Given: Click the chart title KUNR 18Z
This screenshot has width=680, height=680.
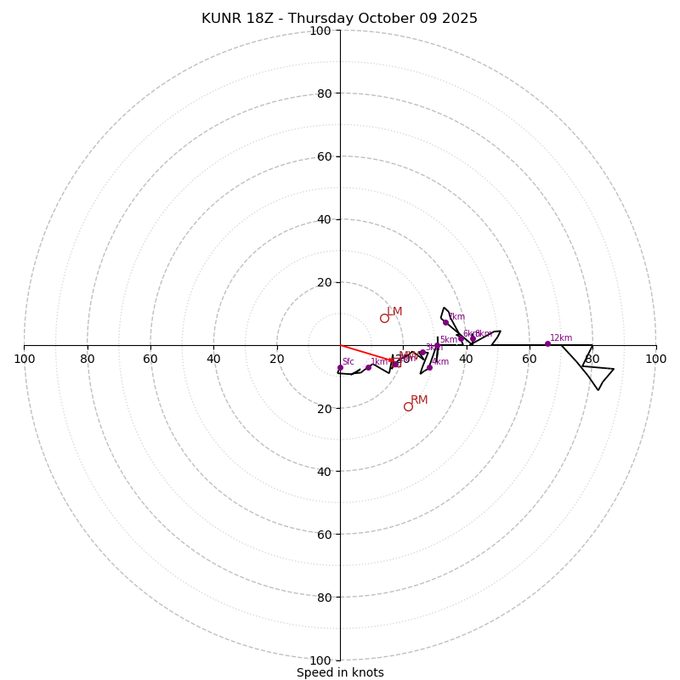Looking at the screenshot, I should (x=339, y=19).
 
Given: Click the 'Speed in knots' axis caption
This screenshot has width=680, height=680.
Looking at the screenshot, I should (x=340, y=672).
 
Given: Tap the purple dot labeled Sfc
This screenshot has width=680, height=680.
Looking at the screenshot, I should (x=340, y=368).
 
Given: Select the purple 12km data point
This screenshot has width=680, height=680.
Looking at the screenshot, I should (x=547, y=343).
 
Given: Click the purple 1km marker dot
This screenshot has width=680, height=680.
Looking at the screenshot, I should (x=368, y=367).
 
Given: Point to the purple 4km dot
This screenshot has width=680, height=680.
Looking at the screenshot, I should (x=429, y=367).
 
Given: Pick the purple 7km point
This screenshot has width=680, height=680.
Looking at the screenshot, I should (x=445, y=322).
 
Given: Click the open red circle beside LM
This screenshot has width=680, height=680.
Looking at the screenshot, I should (x=384, y=318).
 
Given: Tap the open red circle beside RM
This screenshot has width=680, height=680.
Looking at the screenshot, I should (x=408, y=406).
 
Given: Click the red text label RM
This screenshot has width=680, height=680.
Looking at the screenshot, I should (x=419, y=400).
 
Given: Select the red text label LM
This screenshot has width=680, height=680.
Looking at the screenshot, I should (x=394, y=312).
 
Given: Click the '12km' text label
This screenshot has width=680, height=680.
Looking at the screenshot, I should (x=561, y=338).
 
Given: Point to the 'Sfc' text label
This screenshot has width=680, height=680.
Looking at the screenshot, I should (x=348, y=362).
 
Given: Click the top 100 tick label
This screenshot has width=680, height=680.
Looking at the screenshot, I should (x=320, y=31).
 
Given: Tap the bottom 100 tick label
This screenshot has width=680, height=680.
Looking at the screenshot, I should (x=320, y=660).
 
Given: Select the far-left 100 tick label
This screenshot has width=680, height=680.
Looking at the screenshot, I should (x=25, y=359).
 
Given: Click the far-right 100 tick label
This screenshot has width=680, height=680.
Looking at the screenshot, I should (x=655, y=359).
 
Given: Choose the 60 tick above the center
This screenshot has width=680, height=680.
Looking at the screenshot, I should (x=323, y=156).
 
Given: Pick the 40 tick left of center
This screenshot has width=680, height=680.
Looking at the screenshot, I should (x=213, y=359).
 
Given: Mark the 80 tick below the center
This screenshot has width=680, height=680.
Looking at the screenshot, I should (x=323, y=597).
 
